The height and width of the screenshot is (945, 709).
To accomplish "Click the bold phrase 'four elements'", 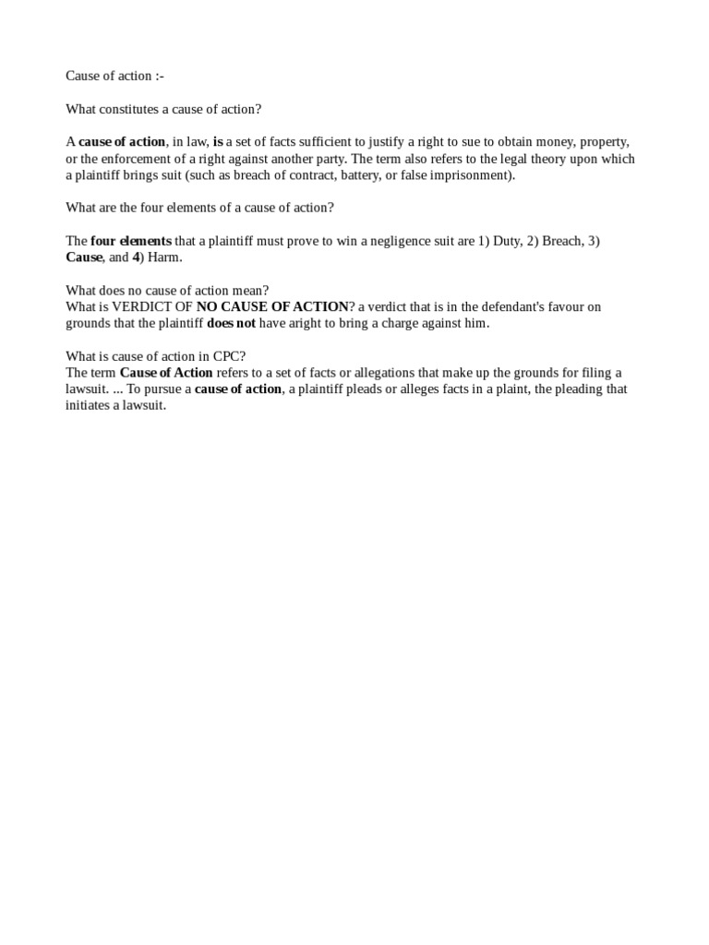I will (x=131, y=241).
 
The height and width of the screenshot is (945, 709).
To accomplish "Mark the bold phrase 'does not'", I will (x=231, y=323).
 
